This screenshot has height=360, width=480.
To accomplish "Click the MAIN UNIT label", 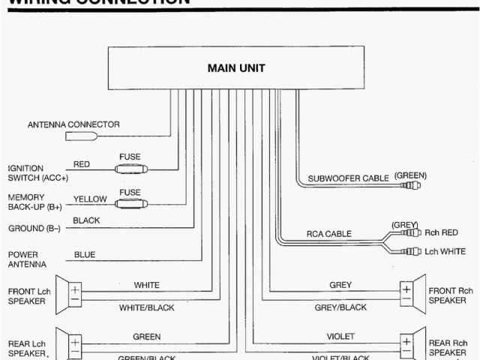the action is (235, 68).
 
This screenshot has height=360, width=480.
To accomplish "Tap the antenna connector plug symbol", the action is (81, 137).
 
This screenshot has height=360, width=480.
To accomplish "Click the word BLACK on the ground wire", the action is (86, 221).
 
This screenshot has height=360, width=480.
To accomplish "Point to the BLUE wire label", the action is (85, 254).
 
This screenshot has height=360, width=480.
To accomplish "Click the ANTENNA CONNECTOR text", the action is (73, 124).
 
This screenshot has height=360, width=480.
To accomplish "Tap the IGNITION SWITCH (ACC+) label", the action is (38, 172).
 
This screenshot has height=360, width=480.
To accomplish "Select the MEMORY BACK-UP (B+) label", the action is (34, 201).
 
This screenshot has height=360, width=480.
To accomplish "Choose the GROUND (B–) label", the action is (34, 228).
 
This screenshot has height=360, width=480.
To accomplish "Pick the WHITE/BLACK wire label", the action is (145, 307).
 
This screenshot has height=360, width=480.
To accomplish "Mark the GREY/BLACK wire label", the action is (340, 307).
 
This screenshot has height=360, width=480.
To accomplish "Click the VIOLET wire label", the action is (340, 336).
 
